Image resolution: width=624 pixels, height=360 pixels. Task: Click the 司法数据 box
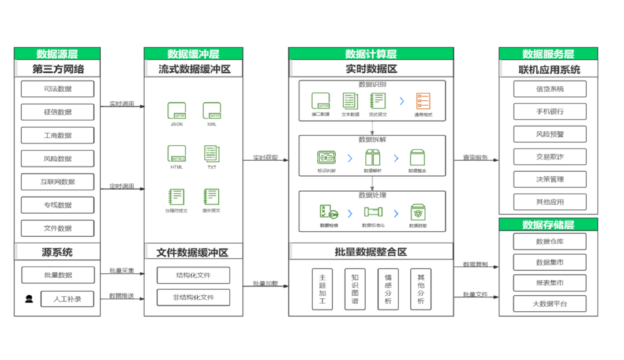tap(57, 89)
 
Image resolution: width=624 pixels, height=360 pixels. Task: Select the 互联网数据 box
tap(57, 182)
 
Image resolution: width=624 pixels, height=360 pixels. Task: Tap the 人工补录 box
tap(67, 299)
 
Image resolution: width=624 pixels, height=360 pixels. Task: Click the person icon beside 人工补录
tap(29, 299)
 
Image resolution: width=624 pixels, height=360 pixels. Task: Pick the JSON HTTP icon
tap(176, 111)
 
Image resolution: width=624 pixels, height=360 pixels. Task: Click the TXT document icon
tap(212, 154)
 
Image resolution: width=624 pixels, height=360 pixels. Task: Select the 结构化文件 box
tap(193, 275)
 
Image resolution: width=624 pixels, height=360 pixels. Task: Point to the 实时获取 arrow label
tap(265, 157)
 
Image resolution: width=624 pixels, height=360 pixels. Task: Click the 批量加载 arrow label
tap(265, 283)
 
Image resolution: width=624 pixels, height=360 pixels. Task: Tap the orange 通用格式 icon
tap(423, 101)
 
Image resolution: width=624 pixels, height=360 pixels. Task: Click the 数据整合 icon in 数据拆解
tap(417, 157)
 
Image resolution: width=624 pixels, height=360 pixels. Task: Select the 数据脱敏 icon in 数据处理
tap(418, 213)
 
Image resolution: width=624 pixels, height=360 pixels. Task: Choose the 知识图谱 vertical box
tap(355, 289)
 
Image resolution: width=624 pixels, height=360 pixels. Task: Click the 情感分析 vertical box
tap(388, 289)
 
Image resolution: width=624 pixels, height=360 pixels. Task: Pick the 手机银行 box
tap(550, 111)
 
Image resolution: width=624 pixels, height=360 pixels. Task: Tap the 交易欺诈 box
tap(550, 157)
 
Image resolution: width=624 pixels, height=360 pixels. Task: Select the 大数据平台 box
tap(550, 304)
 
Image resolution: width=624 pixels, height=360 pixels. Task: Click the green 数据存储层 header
tap(548, 224)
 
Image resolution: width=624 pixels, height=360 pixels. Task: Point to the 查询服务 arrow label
tap(475, 157)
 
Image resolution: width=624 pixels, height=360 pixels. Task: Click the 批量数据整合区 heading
tap(371, 252)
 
